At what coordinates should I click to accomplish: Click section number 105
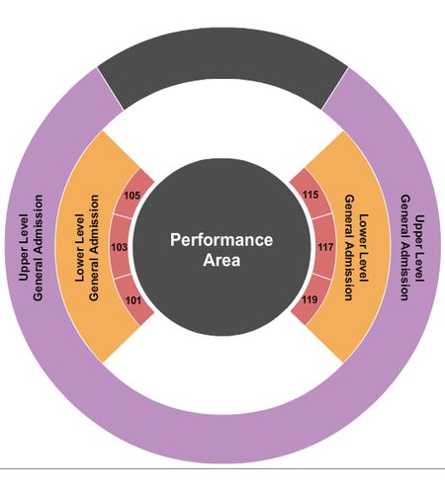point(132,196)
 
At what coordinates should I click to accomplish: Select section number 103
point(119,247)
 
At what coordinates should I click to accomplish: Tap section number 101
point(133,300)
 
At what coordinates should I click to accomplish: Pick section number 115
point(311,195)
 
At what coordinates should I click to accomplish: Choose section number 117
point(325,247)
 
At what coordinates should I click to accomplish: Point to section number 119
point(310,299)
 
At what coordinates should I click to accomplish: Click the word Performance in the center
point(222,240)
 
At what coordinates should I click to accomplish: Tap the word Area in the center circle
point(222,260)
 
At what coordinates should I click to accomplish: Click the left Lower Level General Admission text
point(87,248)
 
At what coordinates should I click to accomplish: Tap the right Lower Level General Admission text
point(356,248)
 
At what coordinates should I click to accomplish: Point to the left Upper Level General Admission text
point(31,248)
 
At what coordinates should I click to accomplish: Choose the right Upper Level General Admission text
point(412,248)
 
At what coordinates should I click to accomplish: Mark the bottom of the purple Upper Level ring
point(222,439)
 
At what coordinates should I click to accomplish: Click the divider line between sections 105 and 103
point(123,216)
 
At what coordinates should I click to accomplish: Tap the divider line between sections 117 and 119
point(322,277)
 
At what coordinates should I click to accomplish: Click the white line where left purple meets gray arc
point(111,89)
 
